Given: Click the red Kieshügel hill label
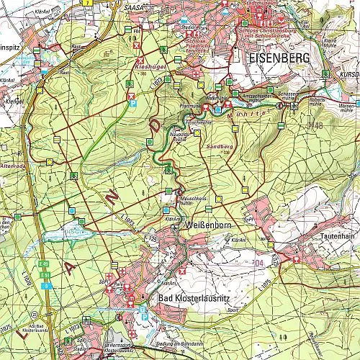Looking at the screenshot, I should [147, 65].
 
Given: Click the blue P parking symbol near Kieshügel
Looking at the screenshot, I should [132, 104].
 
